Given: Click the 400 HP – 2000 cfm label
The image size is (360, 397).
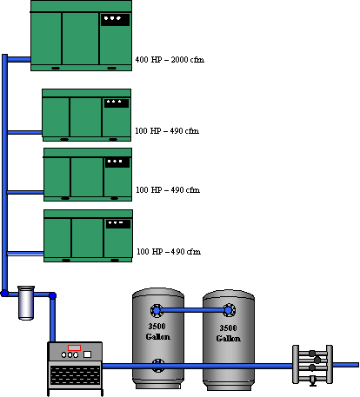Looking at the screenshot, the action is click(x=170, y=60).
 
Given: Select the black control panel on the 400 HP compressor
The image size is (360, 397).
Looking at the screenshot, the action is click(x=115, y=20).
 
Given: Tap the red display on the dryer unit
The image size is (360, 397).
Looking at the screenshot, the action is click(x=74, y=347).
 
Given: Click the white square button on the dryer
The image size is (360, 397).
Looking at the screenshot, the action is click(x=87, y=354).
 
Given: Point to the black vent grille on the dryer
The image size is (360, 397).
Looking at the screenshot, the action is click(x=75, y=375).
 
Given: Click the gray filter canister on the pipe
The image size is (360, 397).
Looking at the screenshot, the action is click(x=26, y=303).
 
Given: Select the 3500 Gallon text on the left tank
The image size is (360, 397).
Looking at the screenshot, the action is click(x=157, y=332).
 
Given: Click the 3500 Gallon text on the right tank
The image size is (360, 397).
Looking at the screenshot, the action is click(x=229, y=333).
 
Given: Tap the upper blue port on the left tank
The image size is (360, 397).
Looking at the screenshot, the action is click(x=157, y=311).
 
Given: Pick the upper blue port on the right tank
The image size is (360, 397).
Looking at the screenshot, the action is click(x=229, y=310).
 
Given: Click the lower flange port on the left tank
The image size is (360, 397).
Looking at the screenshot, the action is click(x=158, y=366).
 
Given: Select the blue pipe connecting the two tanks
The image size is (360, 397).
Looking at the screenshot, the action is click(x=193, y=310).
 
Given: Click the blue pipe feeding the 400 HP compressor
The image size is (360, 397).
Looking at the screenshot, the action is click(x=19, y=59).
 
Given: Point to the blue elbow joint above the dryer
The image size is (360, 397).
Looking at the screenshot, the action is click(x=52, y=295).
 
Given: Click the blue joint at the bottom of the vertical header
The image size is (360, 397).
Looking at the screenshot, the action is click(x=4, y=294).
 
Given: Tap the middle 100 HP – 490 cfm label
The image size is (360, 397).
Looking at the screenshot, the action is click(x=168, y=190).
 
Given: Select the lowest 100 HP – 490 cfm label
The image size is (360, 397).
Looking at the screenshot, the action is click(x=169, y=251).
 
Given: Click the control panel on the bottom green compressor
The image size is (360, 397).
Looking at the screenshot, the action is click(x=118, y=224).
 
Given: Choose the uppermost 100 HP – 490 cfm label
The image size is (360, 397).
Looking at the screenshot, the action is click(x=167, y=131).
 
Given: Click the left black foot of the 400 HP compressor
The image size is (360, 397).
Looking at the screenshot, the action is click(x=56, y=69).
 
